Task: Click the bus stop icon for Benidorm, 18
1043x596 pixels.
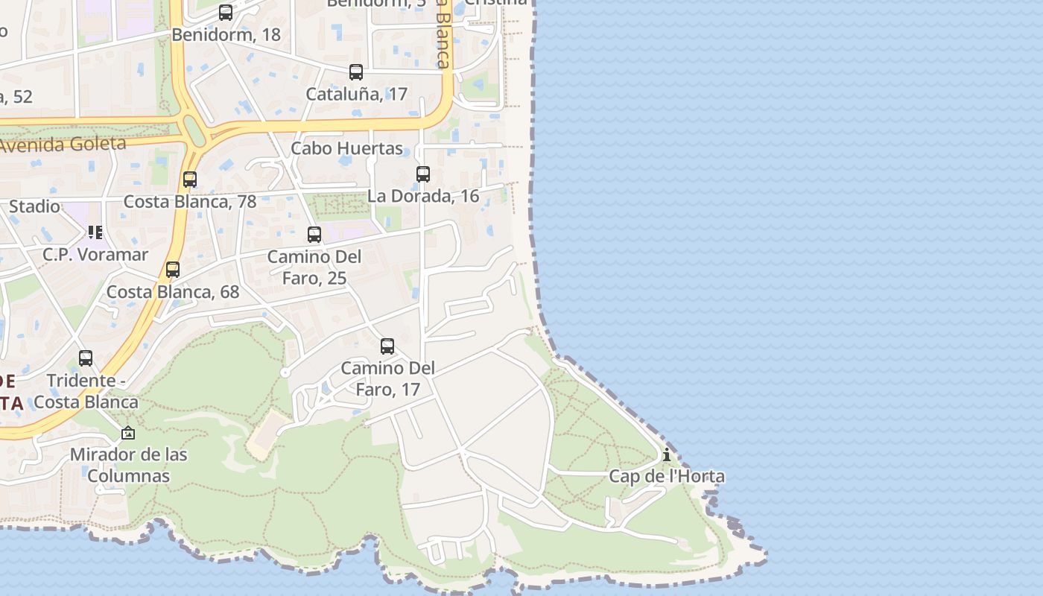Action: pos(226,13)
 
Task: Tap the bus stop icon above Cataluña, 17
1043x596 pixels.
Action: pos(356,72)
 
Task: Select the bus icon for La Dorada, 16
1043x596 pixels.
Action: pos(423,174)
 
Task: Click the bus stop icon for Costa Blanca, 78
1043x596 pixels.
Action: pos(190,180)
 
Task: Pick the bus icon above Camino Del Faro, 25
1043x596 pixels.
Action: pos(314,235)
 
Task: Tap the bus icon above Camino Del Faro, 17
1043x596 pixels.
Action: pos(387,346)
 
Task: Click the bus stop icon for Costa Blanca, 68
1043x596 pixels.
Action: pos(173,270)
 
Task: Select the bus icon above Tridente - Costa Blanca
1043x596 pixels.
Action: pos(86,358)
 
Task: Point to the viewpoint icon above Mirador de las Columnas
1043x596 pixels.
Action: pos(128,433)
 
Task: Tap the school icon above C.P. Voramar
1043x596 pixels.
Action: pos(95,232)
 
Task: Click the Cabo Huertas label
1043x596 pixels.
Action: pos(346,148)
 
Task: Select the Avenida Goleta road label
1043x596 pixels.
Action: pos(63,144)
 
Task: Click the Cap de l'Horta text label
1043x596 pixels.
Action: pos(667,477)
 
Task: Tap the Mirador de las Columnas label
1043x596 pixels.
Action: pos(128,465)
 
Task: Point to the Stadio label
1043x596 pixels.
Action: pos(34,206)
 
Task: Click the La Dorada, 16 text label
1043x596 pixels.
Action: pos(423,196)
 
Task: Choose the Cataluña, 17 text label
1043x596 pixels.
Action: pos(356,94)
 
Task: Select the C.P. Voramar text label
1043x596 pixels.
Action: pos(95,254)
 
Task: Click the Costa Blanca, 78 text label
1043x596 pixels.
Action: pos(190,201)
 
